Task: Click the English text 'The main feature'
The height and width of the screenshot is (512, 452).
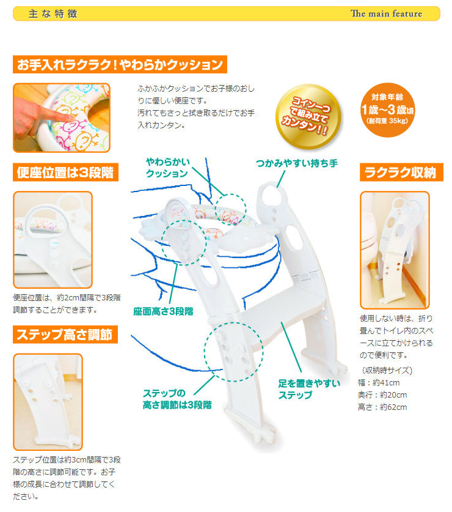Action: tap(386, 13)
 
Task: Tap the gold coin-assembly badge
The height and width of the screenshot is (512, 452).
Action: tap(308, 116)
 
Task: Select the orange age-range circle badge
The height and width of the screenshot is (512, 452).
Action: tap(388, 110)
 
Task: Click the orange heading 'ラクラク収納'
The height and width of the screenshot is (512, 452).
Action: tap(401, 172)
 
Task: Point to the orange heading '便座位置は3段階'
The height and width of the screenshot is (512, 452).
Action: tap(65, 172)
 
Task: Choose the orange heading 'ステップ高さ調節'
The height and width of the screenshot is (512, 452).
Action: tap(65, 335)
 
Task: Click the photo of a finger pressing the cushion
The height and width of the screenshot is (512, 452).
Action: tap(62, 117)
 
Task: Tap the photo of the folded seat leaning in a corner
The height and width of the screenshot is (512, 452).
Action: tap(395, 250)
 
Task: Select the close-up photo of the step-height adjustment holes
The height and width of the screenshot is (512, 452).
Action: tap(48, 402)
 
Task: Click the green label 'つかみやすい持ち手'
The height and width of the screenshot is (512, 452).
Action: tap(296, 163)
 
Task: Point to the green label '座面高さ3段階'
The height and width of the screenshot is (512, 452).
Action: tap(163, 311)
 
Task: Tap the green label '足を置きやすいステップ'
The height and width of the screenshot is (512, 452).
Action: tap(309, 389)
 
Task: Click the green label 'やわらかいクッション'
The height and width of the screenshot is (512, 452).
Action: tap(168, 168)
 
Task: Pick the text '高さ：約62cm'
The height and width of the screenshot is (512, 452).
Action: tap(382, 407)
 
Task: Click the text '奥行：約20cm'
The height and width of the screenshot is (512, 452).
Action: tap(382, 395)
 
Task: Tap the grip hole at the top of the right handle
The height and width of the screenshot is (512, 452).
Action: tap(272, 196)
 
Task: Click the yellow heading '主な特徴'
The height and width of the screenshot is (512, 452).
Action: tap(53, 13)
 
